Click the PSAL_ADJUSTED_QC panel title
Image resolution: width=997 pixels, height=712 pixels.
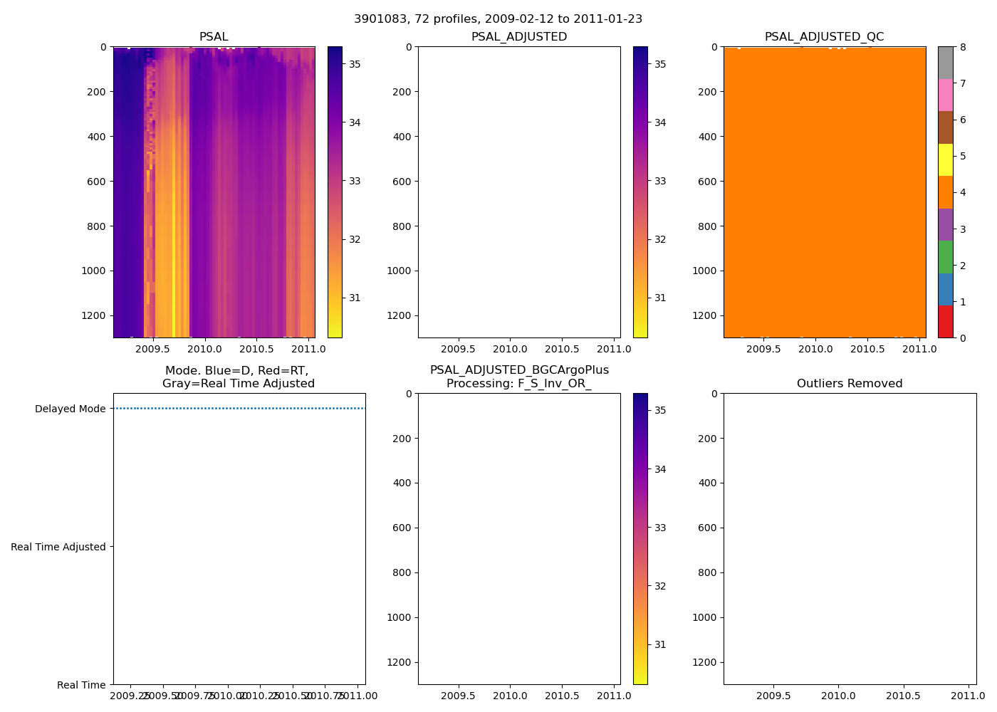[824, 37]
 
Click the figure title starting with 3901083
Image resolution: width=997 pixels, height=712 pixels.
[498, 19]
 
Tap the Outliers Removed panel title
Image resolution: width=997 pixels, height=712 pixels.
[850, 384]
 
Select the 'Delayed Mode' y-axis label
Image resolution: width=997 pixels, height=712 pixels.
[70, 409]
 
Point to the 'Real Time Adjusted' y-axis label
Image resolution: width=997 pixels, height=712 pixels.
[58, 547]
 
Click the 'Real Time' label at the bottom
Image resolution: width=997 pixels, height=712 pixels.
[81, 685]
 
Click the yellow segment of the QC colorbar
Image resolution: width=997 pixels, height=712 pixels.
[945, 159]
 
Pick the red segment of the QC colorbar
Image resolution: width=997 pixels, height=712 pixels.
[945, 321]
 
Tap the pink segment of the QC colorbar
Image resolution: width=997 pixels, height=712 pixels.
[945, 95]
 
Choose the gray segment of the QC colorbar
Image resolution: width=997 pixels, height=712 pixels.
[945, 63]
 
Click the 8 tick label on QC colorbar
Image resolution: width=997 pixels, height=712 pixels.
[963, 48]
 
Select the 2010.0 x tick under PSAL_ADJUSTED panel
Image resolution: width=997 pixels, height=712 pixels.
[510, 349]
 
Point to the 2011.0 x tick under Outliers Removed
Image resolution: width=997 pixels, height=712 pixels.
[969, 696]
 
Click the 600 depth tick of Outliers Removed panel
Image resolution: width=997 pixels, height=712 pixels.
[707, 528]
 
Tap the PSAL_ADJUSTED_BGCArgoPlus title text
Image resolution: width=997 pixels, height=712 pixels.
[519, 370]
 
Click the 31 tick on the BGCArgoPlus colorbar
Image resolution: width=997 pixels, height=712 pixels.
[660, 644]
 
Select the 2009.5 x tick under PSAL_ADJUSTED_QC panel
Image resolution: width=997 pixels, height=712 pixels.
[763, 349]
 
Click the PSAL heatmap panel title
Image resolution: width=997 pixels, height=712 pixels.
[214, 37]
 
